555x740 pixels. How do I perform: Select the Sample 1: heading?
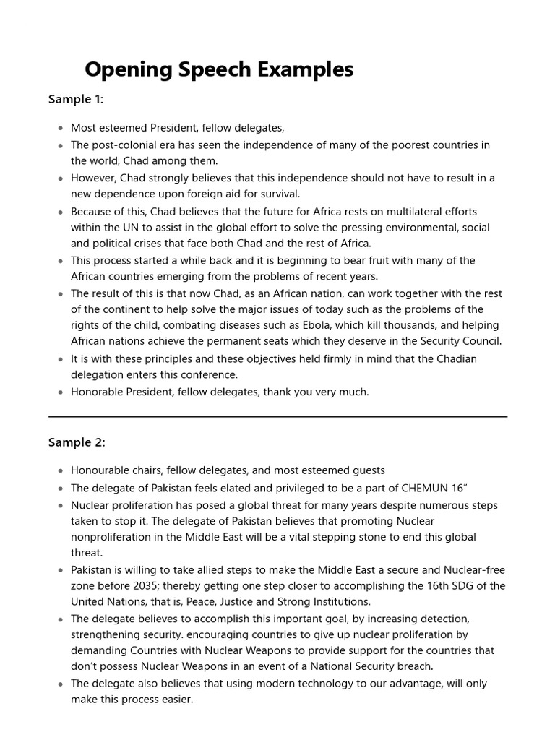point(76,100)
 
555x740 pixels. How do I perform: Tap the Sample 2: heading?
point(77,442)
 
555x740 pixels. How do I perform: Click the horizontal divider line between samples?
point(277,417)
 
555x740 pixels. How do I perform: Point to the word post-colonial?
point(123,145)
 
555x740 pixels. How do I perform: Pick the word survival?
point(279,194)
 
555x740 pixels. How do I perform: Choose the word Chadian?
point(455,358)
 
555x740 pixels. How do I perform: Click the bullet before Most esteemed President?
point(60,129)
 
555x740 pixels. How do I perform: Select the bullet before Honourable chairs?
point(60,471)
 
